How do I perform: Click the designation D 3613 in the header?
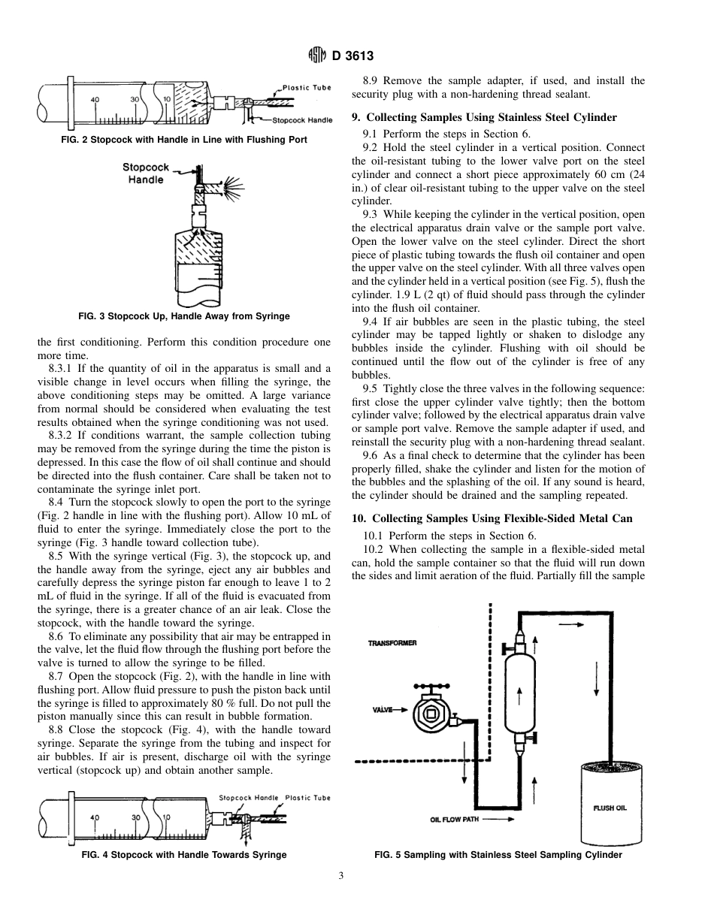pyautogui.click(x=352, y=56)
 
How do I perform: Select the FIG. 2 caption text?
pyautogui.click(x=183, y=140)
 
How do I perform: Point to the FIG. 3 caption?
pyautogui.click(x=183, y=316)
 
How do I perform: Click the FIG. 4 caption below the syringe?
pyautogui.click(x=183, y=855)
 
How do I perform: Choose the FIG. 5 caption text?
pyautogui.click(x=498, y=855)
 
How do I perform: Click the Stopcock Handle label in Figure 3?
pyautogui.click(x=145, y=174)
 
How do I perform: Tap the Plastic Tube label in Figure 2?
pyautogui.click(x=307, y=88)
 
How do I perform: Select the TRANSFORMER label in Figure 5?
pyautogui.click(x=392, y=643)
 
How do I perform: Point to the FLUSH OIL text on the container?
pyautogui.click(x=610, y=808)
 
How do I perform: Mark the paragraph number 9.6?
pyautogui.click(x=370, y=455)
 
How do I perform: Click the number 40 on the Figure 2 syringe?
pyautogui.click(x=95, y=99)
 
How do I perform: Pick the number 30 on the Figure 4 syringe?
pyautogui.click(x=136, y=817)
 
